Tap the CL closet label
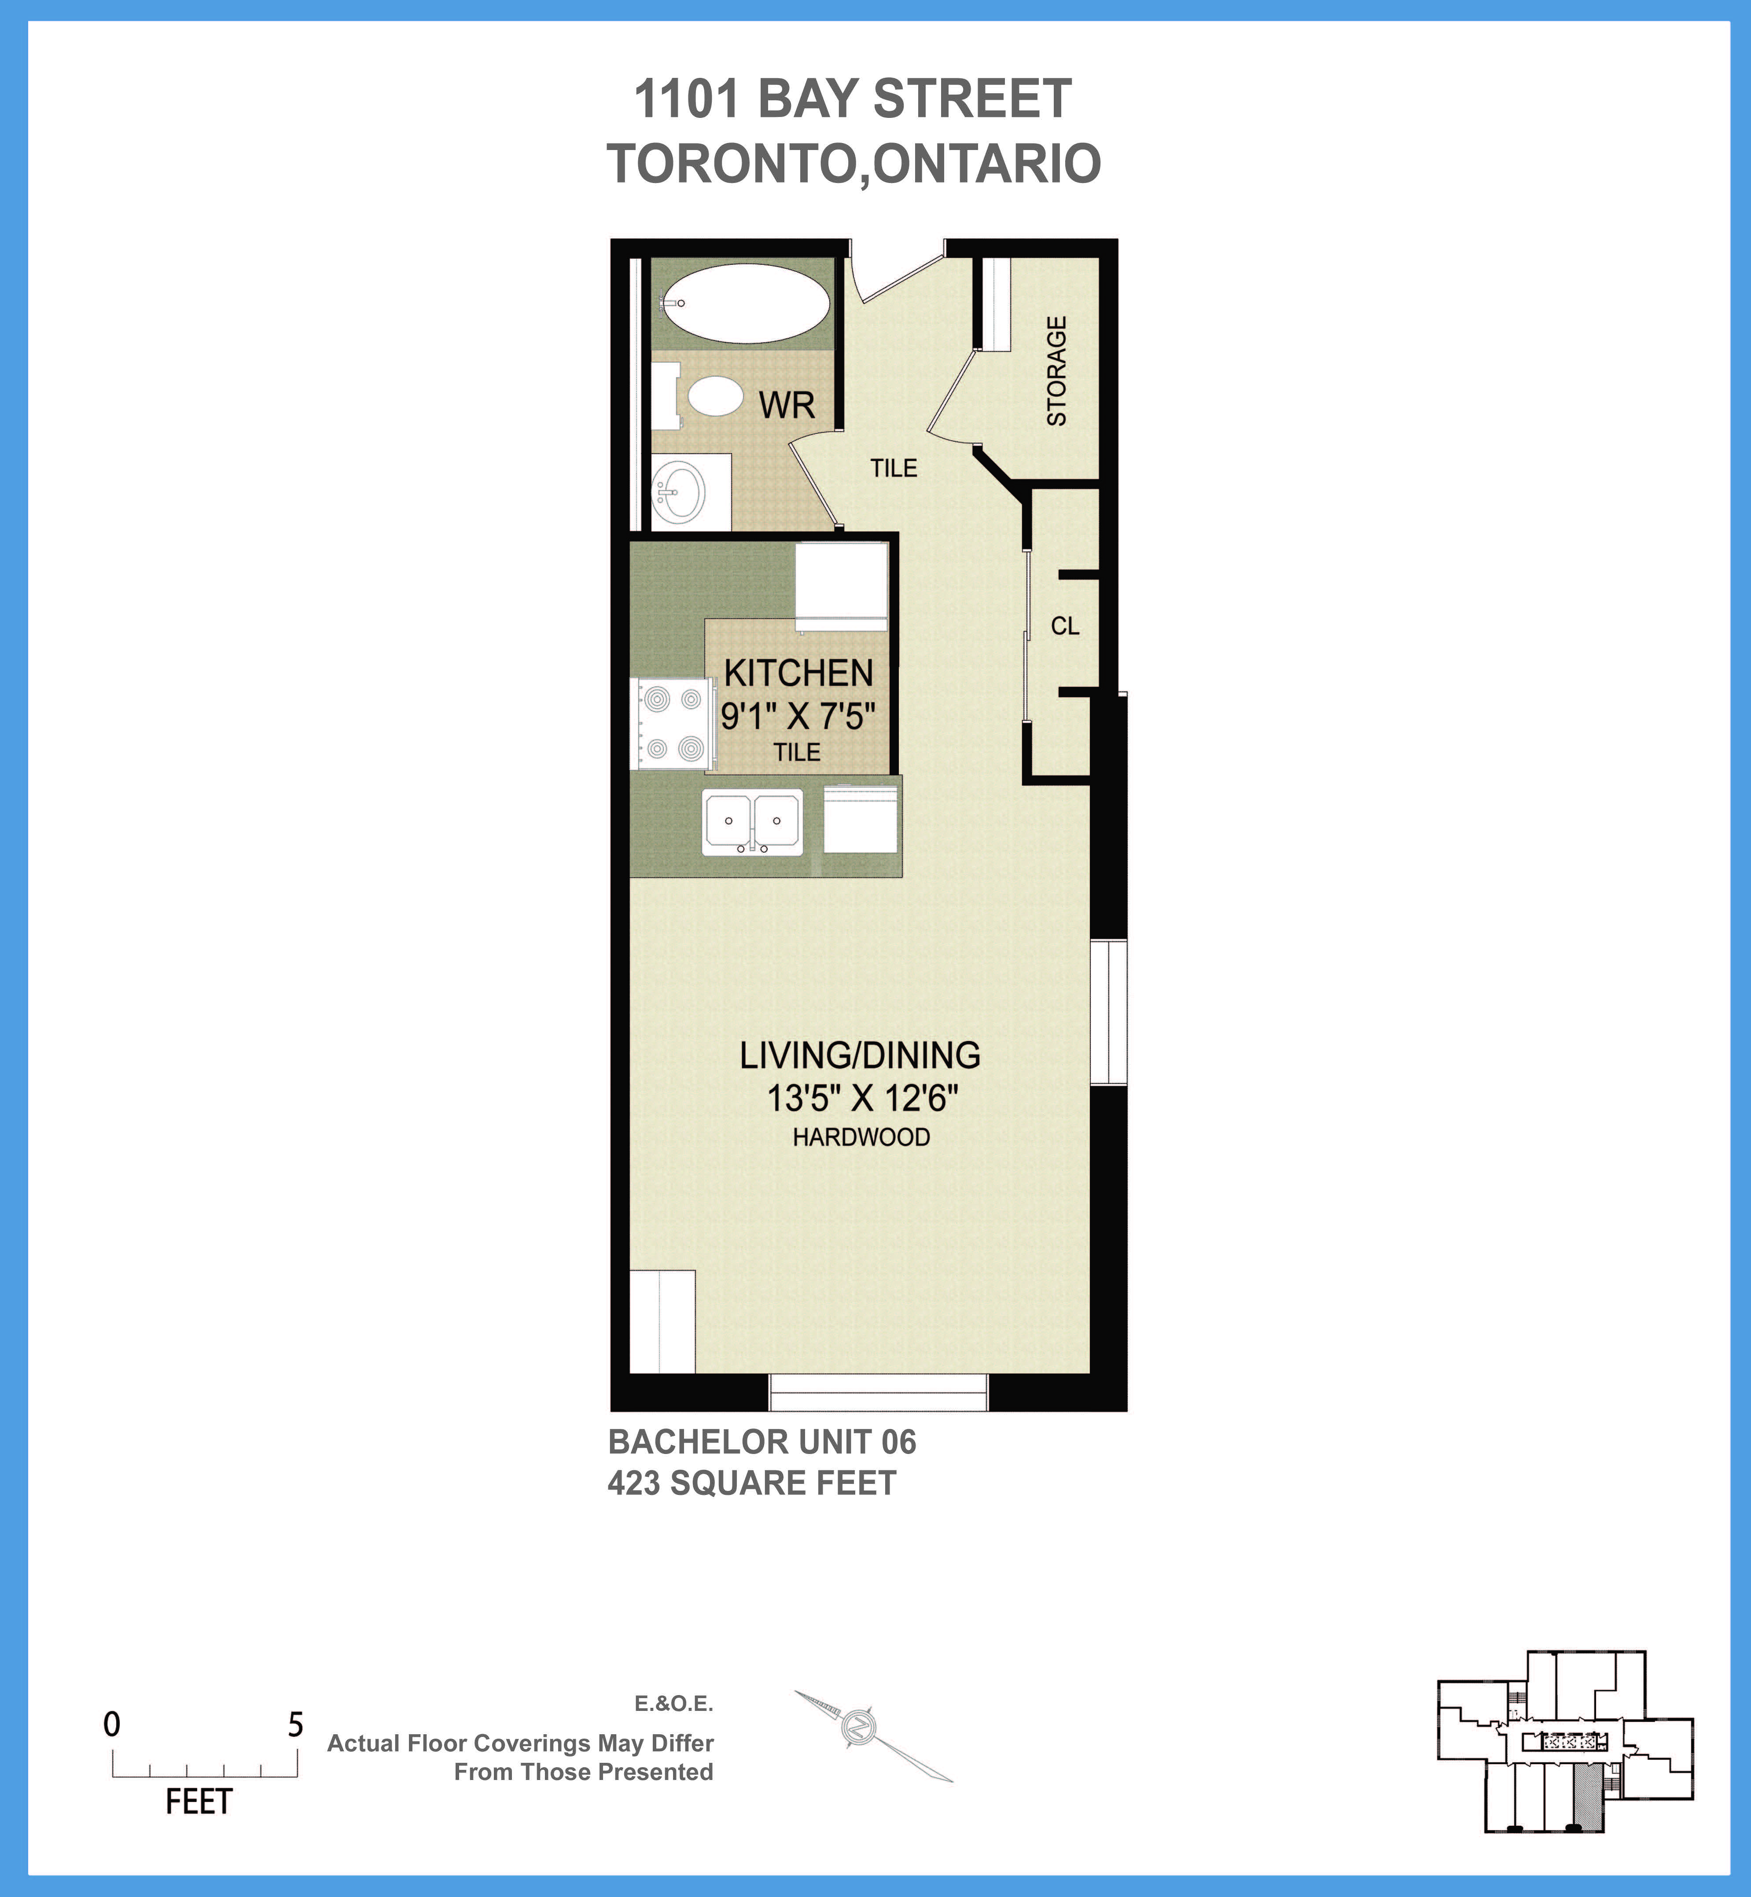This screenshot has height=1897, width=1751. (1065, 626)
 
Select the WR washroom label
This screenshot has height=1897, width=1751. (787, 405)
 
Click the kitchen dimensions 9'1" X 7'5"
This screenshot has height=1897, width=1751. (798, 716)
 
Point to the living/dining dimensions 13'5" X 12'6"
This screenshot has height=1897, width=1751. (862, 1099)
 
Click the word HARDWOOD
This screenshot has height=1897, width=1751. (861, 1137)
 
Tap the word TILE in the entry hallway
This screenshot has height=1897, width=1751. (894, 468)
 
